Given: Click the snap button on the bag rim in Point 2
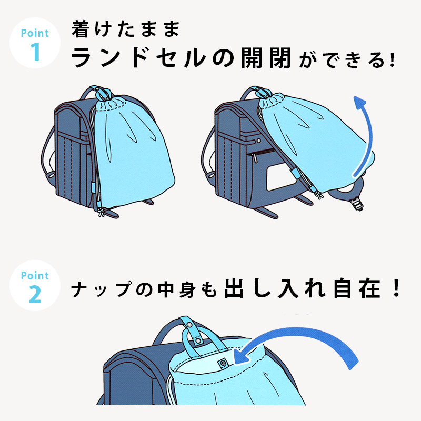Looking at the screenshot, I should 223,363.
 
